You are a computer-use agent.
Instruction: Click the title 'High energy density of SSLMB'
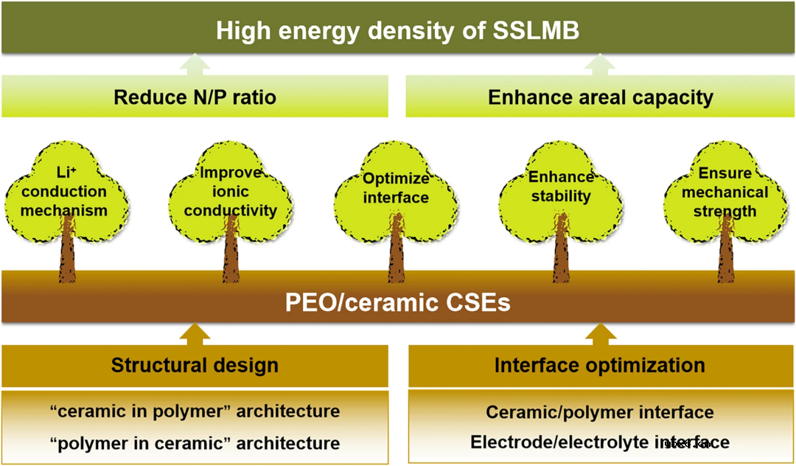click(x=398, y=31)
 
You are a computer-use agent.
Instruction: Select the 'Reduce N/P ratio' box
click(x=195, y=97)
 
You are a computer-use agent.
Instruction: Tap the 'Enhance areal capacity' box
click(x=600, y=97)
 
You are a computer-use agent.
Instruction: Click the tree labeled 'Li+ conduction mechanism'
click(x=64, y=192)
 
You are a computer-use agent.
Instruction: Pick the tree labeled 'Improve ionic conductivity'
click(x=231, y=192)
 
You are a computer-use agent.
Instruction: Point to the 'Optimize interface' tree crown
click(x=395, y=189)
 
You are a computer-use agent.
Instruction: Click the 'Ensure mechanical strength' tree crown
click(x=727, y=192)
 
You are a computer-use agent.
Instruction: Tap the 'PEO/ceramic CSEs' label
click(x=398, y=303)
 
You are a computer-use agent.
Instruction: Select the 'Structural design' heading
click(x=195, y=365)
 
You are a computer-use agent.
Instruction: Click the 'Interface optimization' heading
click(x=599, y=365)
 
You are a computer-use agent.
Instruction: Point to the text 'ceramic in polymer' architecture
click(x=195, y=411)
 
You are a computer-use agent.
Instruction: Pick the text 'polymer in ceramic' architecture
click(x=195, y=443)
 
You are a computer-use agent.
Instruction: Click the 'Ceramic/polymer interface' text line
click(x=599, y=412)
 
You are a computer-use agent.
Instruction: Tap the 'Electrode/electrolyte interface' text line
click(x=599, y=442)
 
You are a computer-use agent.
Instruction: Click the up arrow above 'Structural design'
click(x=195, y=333)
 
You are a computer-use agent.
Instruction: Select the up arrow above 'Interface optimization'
click(x=600, y=333)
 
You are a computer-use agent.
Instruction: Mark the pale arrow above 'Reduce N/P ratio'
click(x=195, y=65)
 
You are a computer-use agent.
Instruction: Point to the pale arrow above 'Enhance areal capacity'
click(x=600, y=65)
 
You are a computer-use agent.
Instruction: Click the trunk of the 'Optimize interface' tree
click(x=397, y=254)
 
